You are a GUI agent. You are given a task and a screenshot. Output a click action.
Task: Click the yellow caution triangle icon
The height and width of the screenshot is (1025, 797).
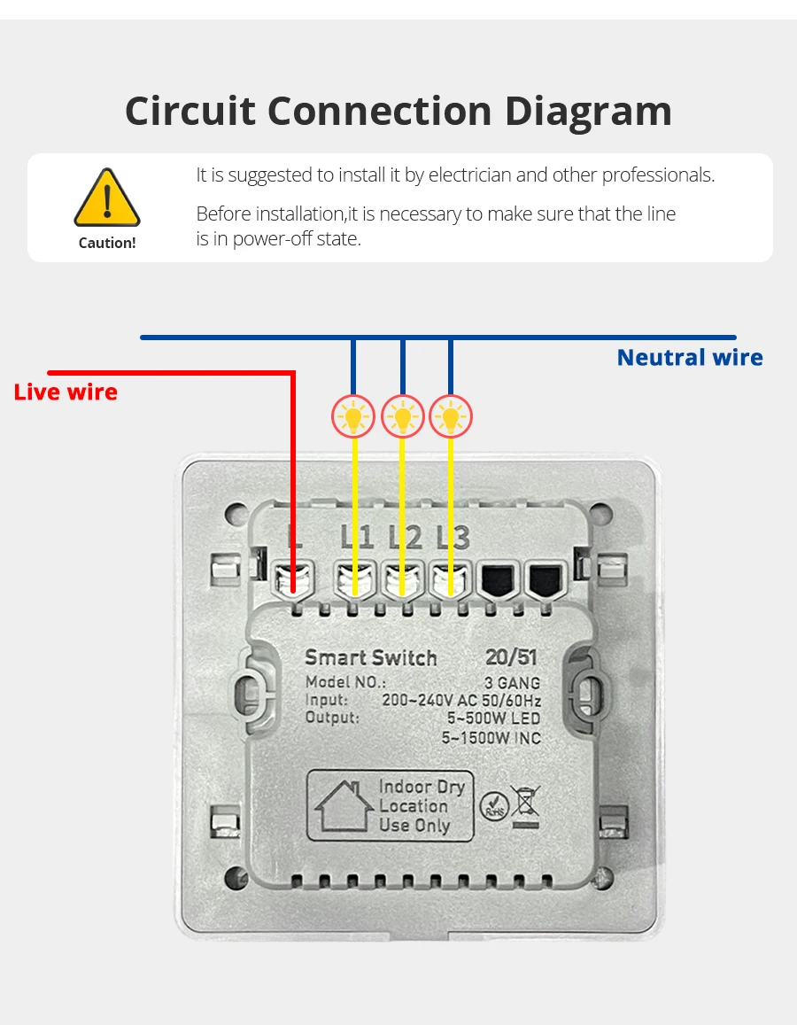[x=106, y=198]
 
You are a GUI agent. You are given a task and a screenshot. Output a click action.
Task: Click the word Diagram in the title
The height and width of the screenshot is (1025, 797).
[x=588, y=112]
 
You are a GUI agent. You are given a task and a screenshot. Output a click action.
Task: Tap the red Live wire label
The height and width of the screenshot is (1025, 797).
[x=66, y=392]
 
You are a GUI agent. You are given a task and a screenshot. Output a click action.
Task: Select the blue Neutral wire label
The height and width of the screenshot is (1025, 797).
[x=689, y=357]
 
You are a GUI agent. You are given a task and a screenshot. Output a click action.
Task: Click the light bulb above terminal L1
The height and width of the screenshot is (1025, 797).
[x=354, y=415]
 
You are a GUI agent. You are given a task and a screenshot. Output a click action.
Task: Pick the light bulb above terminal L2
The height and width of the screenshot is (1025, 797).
[x=403, y=415]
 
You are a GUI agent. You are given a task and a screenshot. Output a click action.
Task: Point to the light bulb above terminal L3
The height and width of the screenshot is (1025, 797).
[x=451, y=415]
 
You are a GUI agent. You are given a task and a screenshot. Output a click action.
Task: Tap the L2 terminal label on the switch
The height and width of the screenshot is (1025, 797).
[x=405, y=537]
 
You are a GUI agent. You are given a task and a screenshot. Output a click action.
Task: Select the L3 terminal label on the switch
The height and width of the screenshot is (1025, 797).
[x=453, y=537]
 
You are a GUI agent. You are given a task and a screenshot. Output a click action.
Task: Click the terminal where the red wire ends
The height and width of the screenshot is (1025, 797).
[x=293, y=579]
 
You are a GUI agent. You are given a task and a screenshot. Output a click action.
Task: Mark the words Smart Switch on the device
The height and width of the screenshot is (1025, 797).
[x=371, y=658]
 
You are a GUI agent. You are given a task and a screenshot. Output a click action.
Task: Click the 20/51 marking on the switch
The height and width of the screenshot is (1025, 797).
[x=511, y=657]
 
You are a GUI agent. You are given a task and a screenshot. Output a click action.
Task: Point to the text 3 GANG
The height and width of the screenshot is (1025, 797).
[x=512, y=683]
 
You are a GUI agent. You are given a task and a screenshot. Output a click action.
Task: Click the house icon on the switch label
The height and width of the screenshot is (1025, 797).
[x=344, y=805]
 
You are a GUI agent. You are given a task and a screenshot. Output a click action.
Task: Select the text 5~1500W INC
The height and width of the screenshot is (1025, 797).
[x=491, y=737]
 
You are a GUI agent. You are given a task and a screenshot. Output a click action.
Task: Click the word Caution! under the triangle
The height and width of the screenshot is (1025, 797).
[x=107, y=243]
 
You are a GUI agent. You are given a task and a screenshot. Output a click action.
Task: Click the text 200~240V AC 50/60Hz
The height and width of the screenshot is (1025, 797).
[x=460, y=700]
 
